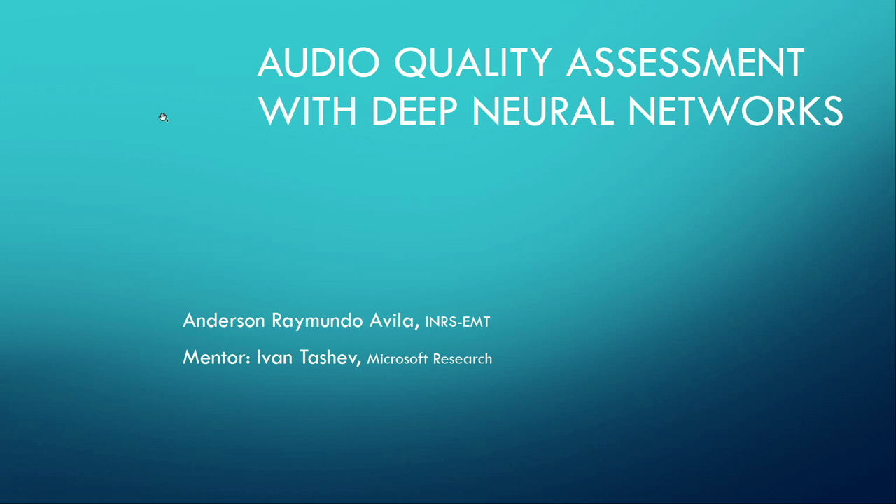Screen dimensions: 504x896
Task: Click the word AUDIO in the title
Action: pyautogui.click(x=318, y=63)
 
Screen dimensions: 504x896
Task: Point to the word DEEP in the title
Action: pyautogui.click(x=414, y=111)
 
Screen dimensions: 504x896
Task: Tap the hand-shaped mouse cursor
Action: pyautogui.click(x=163, y=118)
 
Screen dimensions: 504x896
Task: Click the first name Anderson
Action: pyautogui.click(x=224, y=321)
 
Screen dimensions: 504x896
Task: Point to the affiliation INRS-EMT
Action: pyautogui.click(x=457, y=322)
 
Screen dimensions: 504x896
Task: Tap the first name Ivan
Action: pyautogui.click(x=274, y=358)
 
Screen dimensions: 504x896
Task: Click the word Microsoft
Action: pyautogui.click(x=397, y=359)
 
